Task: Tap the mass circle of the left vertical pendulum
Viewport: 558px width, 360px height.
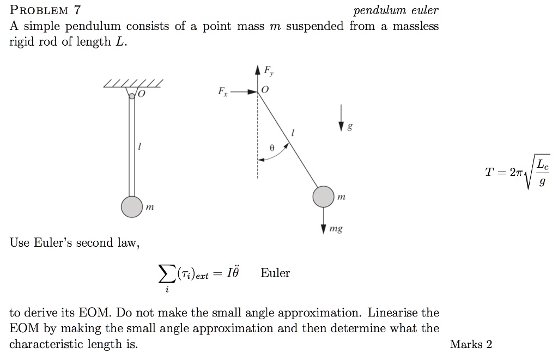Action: (131, 207)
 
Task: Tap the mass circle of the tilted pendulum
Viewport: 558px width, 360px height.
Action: (323, 197)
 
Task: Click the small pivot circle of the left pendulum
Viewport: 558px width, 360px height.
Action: (132, 96)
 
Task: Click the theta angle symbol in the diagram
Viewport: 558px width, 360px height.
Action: (272, 147)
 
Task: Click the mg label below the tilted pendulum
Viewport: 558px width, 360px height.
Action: (336, 229)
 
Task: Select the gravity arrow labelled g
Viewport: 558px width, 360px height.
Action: (342, 117)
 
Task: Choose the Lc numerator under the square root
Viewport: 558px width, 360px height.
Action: (542, 164)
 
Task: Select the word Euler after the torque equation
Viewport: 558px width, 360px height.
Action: (275, 273)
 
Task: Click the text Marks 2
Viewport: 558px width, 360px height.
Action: (471, 344)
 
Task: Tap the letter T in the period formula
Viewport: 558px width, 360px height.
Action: (490, 172)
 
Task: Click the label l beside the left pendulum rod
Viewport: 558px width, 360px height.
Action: (140, 147)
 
